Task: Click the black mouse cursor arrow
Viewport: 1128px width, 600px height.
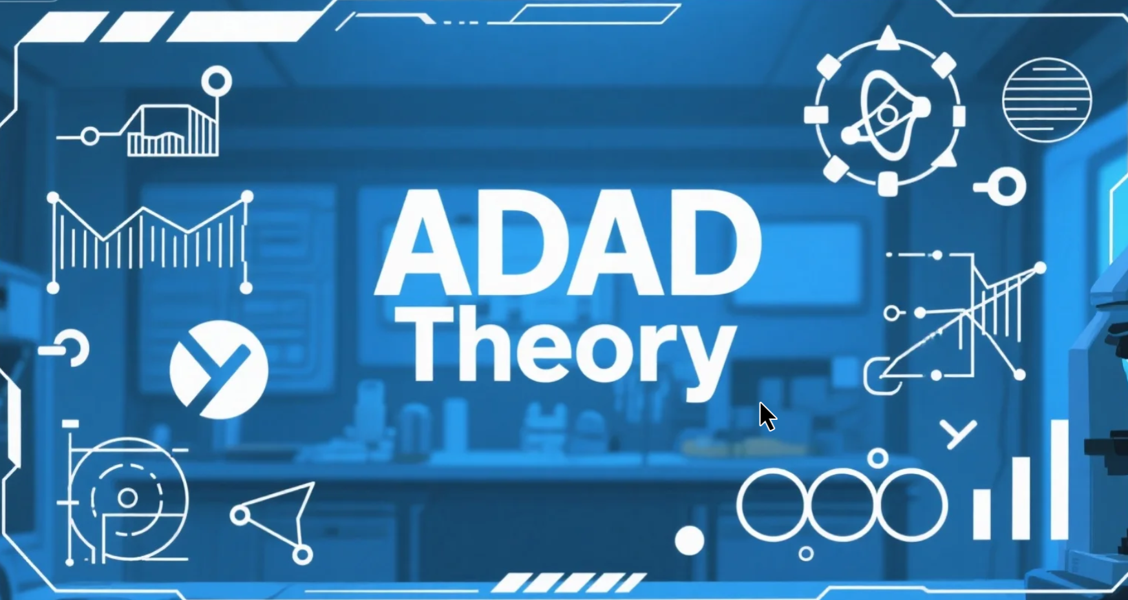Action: click(x=767, y=416)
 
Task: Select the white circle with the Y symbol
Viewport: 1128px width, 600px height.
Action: click(x=219, y=369)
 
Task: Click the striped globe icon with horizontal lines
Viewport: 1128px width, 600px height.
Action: click(x=1047, y=100)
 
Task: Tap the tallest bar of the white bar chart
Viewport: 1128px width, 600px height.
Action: click(x=1059, y=479)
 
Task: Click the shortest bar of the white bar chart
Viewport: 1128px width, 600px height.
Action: click(x=982, y=514)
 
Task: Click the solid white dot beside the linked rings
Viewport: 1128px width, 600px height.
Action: click(x=690, y=541)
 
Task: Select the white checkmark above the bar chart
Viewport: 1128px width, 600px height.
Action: click(x=958, y=434)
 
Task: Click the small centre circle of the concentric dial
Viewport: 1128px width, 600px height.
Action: click(x=127, y=498)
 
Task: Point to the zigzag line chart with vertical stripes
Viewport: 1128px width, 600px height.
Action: click(x=150, y=242)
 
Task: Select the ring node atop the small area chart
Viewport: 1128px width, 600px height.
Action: click(x=217, y=81)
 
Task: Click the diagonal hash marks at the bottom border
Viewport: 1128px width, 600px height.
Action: click(x=569, y=582)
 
